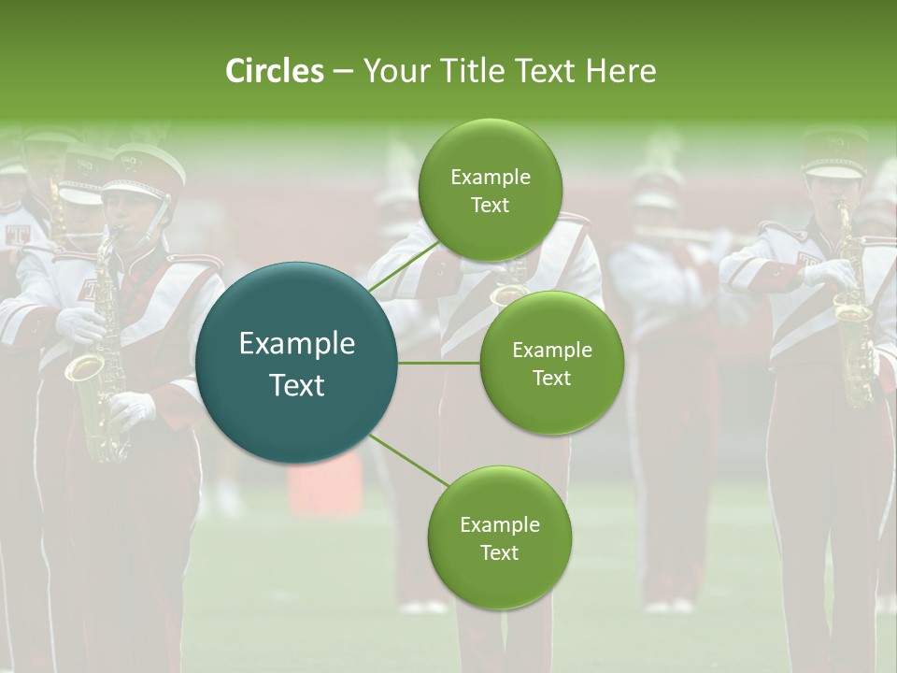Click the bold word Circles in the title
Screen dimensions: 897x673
click(274, 71)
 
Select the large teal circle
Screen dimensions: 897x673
click(296, 363)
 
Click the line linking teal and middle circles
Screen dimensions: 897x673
click(439, 363)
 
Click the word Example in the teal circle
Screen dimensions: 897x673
click(296, 344)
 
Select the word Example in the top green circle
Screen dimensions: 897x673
click(490, 177)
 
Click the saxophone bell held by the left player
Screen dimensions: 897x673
click(82, 366)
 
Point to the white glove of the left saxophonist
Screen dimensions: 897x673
click(134, 408)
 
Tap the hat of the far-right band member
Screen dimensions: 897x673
click(834, 155)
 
